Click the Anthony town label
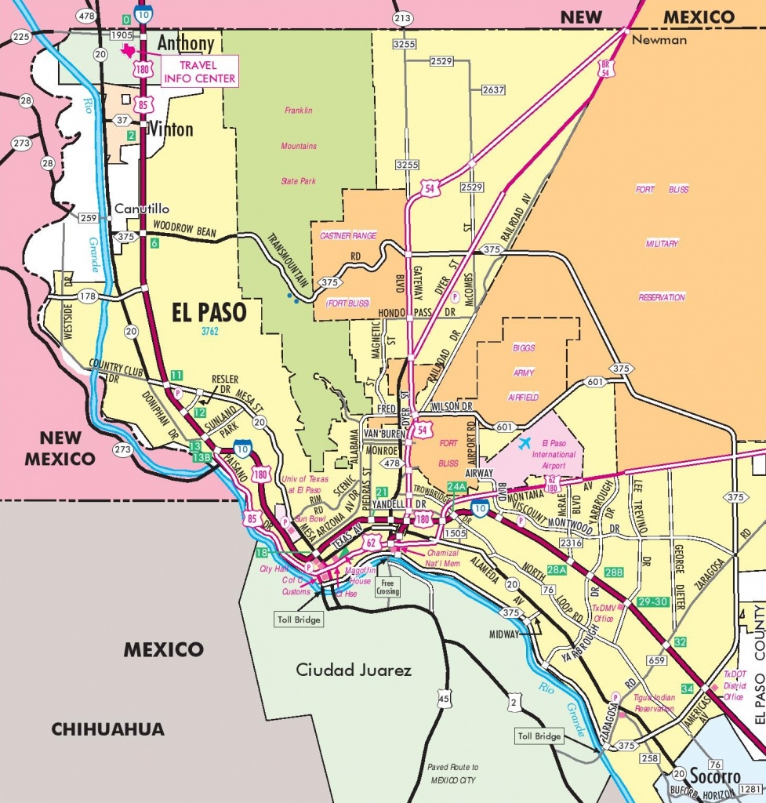click(x=185, y=44)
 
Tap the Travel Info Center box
click(x=199, y=71)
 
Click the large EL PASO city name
click(x=209, y=313)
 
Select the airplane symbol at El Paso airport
click(x=525, y=443)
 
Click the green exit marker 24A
click(x=456, y=486)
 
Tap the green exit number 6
click(x=154, y=243)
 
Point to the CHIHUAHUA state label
click(x=108, y=729)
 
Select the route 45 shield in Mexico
click(x=445, y=698)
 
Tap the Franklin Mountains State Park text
click(x=298, y=146)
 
